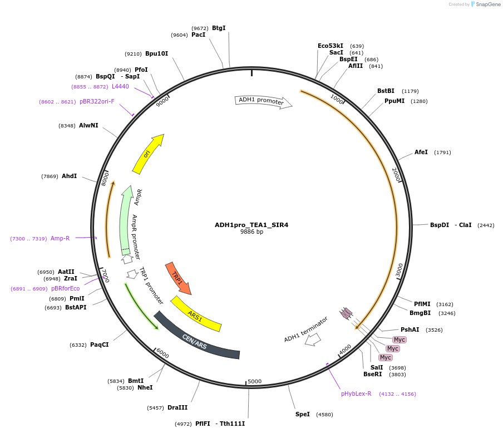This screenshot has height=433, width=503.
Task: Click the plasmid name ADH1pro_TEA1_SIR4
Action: (x=251, y=225)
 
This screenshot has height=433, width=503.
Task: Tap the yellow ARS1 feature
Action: (x=195, y=316)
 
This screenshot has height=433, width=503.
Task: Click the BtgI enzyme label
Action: (x=219, y=28)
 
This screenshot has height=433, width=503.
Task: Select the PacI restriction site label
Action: (x=198, y=35)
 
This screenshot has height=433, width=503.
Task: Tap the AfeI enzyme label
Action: (x=421, y=152)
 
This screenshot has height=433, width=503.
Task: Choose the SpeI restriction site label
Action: (x=303, y=414)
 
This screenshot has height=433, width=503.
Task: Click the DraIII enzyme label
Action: (x=177, y=407)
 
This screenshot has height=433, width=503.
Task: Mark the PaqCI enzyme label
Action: (x=100, y=345)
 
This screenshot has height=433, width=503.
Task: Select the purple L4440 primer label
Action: (x=120, y=86)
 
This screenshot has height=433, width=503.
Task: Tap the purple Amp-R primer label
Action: (x=60, y=238)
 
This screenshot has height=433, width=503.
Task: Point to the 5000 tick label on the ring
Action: (x=254, y=381)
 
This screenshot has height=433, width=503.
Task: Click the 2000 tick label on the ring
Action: (x=396, y=174)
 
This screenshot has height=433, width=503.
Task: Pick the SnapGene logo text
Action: (x=488, y=4)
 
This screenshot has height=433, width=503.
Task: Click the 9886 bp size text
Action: (x=251, y=232)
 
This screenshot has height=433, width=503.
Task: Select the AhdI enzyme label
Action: (x=70, y=176)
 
